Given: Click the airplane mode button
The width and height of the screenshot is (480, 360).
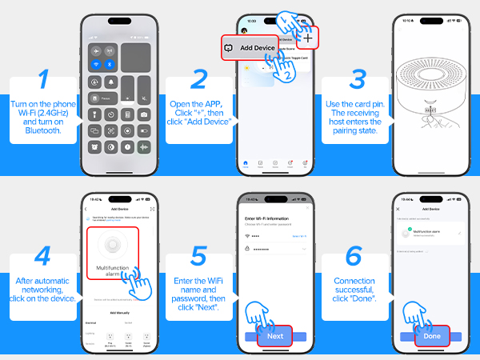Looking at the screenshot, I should [96, 47].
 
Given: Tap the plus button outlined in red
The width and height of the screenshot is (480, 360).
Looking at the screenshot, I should [307, 38].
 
